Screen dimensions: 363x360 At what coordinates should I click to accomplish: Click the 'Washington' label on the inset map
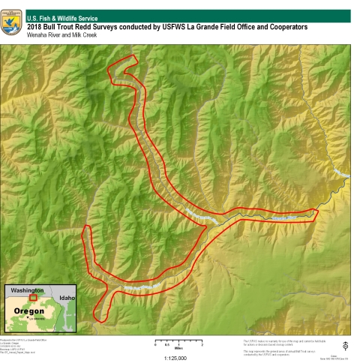26,290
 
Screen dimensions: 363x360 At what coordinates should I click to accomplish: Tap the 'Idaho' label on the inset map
68,298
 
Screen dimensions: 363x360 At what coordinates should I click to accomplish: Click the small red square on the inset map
43,297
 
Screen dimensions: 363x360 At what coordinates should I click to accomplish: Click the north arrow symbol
344,346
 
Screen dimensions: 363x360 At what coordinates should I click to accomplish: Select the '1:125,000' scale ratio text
174,358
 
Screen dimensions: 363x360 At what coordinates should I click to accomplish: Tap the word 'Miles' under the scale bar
177,349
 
